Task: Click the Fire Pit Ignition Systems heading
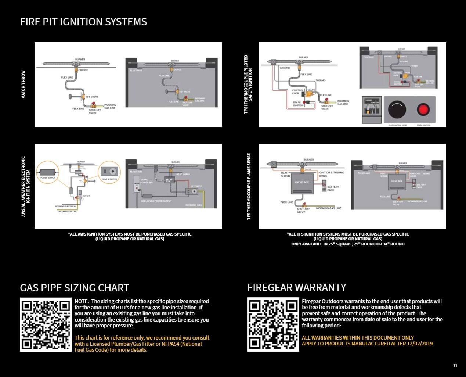83,22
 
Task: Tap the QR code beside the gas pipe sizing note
46,325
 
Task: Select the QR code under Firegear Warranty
273,325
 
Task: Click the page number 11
455,366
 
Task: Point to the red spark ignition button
423,110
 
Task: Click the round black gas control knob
397,110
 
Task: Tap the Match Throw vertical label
24,85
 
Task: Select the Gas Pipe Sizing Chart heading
75,288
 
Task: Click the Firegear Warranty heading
297,287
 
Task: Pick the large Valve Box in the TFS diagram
302,183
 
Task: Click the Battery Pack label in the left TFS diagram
333,188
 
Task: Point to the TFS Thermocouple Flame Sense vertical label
249,187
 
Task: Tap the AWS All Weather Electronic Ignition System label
26,187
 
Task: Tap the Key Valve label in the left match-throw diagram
92,97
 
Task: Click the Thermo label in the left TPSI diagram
320,80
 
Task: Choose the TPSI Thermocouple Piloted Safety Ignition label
249,85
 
